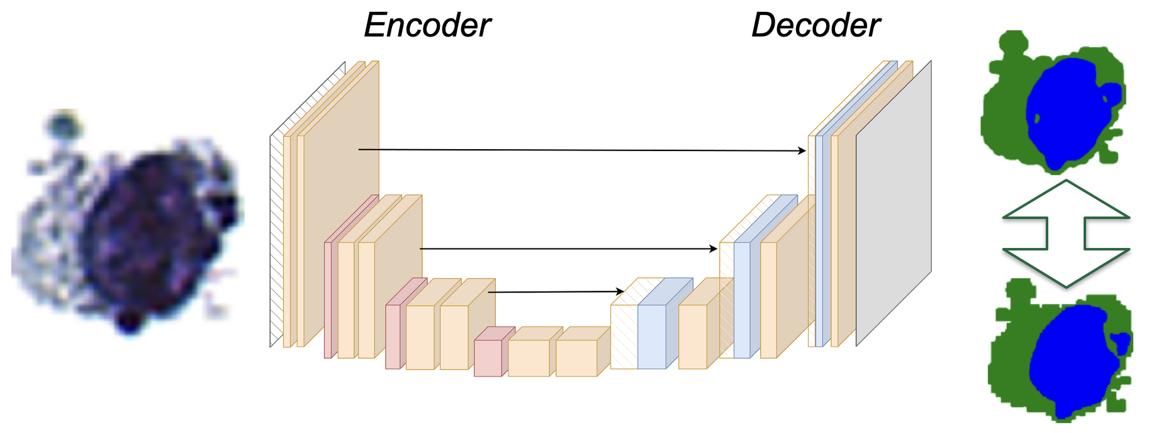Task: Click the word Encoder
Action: (427, 26)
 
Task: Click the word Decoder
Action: (816, 26)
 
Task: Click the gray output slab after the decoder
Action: (893, 208)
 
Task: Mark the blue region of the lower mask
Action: (1067, 359)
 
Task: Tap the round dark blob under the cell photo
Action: (129, 322)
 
